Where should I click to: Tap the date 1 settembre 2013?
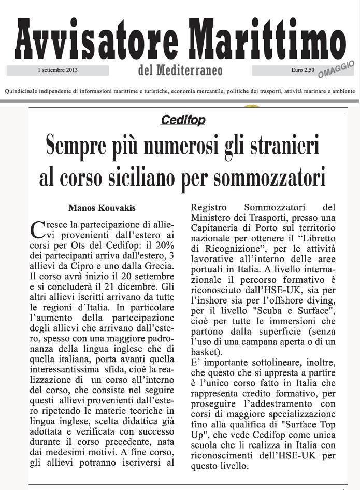click(57, 69)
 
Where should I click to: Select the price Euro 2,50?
click(303, 69)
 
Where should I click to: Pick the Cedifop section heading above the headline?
click(183, 120)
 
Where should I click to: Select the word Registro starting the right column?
click(206, 207)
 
